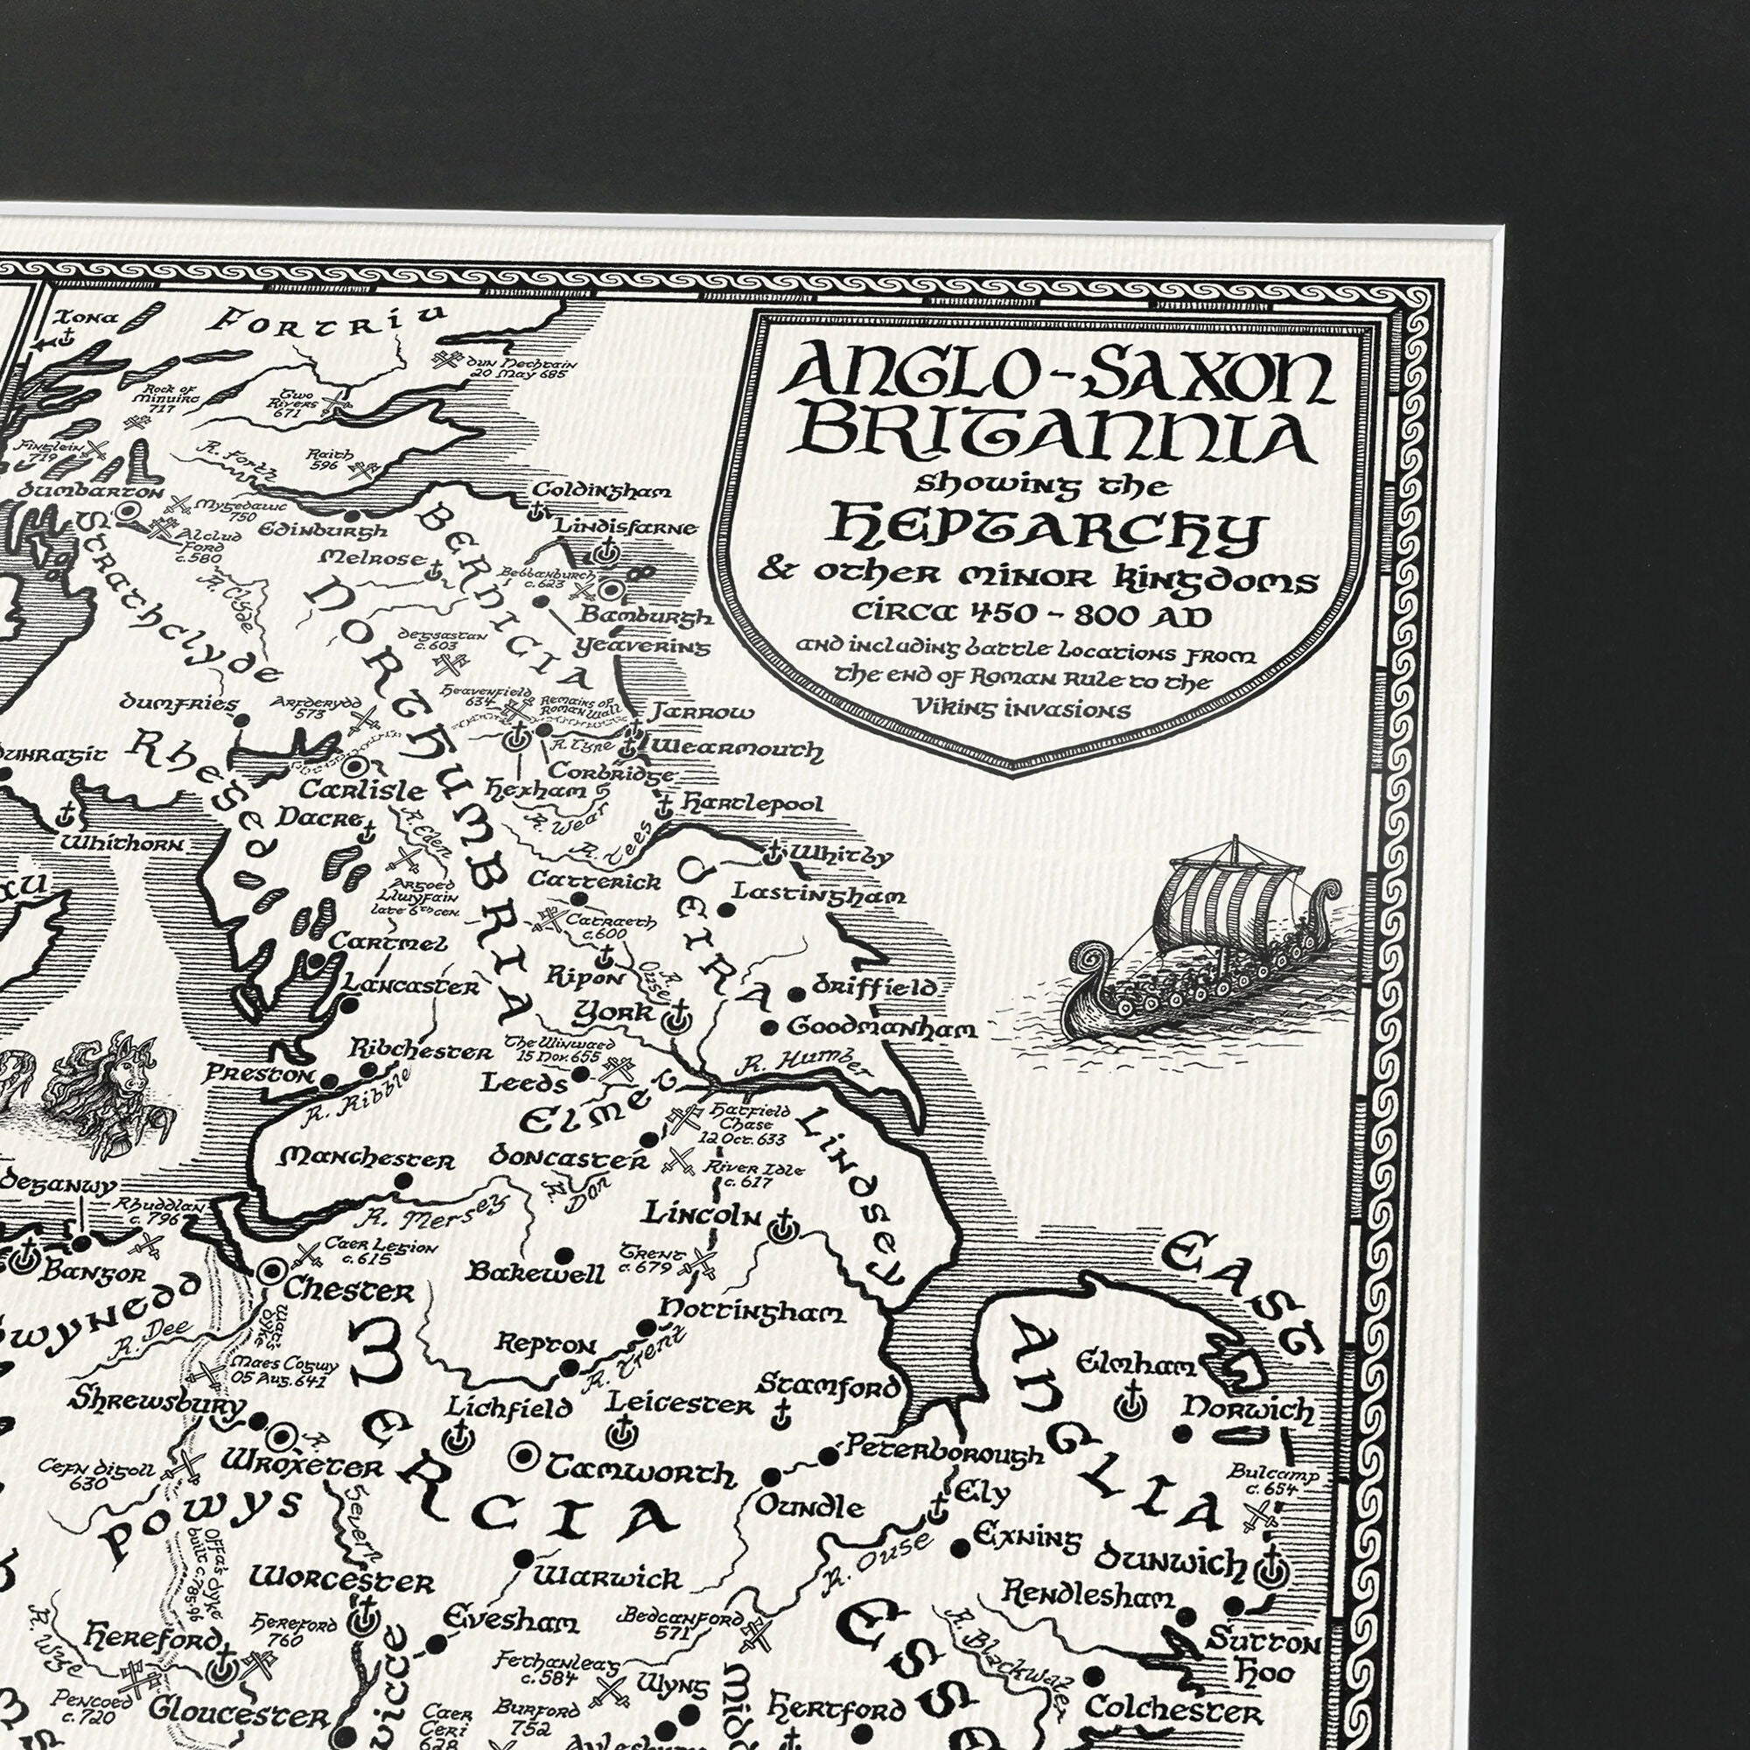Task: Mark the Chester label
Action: [349, 1290]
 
